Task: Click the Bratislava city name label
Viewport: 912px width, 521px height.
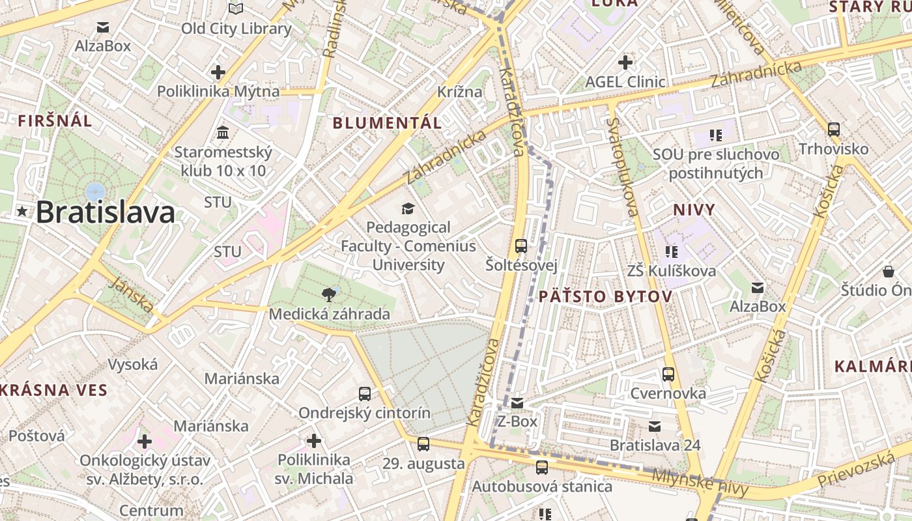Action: tap(106, 213)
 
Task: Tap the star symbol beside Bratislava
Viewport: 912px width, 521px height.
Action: tap(23, 211)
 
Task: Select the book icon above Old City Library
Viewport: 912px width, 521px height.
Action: tap(236, 9)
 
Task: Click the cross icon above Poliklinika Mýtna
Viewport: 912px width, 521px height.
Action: tap(218, 72)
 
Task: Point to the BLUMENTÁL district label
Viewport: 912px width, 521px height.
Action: tap(387, 122)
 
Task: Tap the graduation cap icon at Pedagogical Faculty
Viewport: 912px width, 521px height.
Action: tap(408, 208)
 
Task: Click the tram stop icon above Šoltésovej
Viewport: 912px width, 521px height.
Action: tap(521, 246)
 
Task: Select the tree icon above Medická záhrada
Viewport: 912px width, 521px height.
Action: tap(330, 294)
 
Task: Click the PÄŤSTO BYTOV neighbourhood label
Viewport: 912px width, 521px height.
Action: tap(605, 297)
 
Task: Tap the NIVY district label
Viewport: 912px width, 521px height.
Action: tap(694, 210)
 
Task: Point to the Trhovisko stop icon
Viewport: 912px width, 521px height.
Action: tap(833, 129)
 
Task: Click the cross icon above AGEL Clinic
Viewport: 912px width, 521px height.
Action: tap(625, 63)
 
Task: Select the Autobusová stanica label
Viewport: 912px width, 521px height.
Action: tap(542, 486)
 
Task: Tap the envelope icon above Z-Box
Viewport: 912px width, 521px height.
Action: tap(517, 403)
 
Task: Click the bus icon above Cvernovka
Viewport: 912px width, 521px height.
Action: tap(668, 374)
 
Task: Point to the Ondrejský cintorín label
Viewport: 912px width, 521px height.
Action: tap(364, 413)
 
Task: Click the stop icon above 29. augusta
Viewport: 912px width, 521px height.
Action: tap(423, 444)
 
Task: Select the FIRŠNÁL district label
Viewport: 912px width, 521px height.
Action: tap(55, 120)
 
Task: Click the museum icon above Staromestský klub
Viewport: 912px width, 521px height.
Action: tap(223, 133)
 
